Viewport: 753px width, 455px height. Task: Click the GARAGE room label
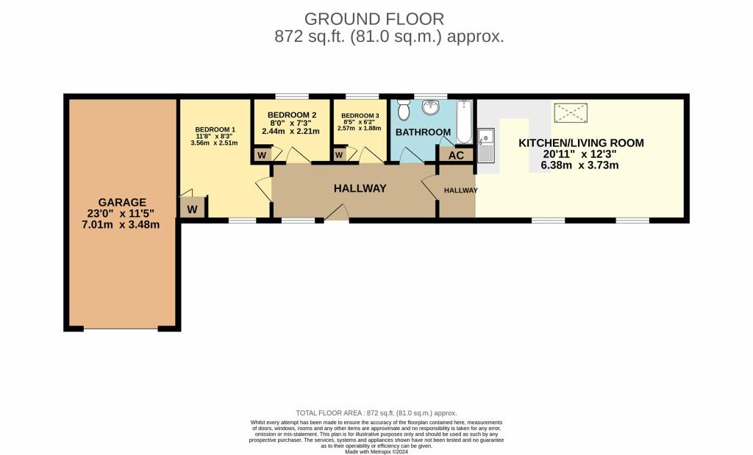click(x=123, y=202)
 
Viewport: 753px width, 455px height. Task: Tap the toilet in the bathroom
click(x=402, y=111)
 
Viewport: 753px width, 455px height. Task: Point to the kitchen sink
click(x=486, y=145)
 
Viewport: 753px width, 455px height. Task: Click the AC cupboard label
click(x=456, y=156)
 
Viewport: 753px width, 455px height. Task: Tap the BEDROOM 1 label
click(x=215, y=129)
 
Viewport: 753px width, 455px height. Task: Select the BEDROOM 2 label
click(x=292, y=115)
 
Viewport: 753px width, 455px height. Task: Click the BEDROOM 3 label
click(x=360, y=115)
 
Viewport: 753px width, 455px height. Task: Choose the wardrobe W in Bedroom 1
click(x=192, y=209)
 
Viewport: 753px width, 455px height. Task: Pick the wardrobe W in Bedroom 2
click(x=262, y=155)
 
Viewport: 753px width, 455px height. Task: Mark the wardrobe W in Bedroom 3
click(x=339, y=155)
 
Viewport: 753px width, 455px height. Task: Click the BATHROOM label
click(x=423, y=132)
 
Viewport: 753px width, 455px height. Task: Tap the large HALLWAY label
click(x=360, y=189)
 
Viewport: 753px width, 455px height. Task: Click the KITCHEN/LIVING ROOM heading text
click(x=581, y=143)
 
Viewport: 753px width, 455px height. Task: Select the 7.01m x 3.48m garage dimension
click(x=123, y=225)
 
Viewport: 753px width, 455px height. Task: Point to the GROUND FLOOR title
click(x=374, y=18)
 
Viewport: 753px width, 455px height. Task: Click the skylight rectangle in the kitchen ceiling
click(x=571, y=112)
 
